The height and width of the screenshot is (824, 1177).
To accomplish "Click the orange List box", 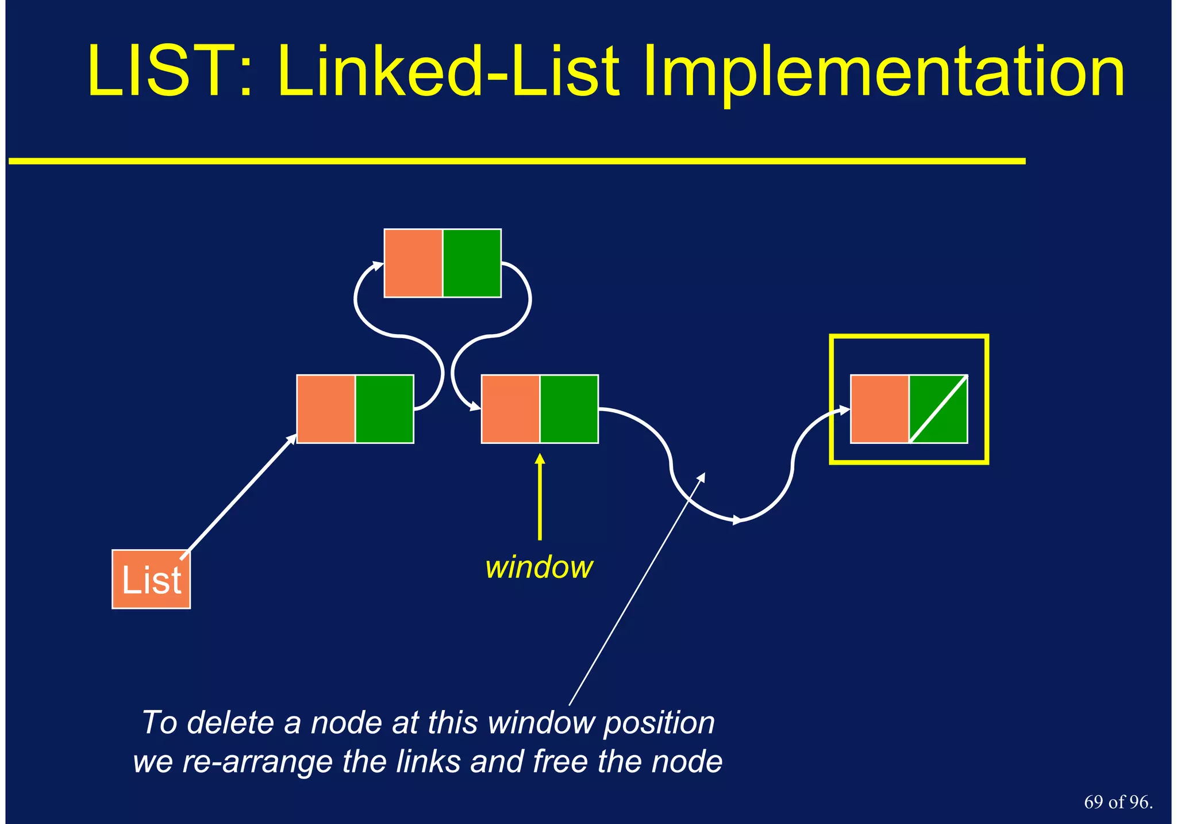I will tap(151, 579).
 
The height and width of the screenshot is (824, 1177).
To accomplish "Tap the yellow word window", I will tap(539, 568).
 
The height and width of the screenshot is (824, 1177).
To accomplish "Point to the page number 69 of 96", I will tap(1118, 802).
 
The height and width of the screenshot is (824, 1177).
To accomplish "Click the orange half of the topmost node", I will tap(413, 263).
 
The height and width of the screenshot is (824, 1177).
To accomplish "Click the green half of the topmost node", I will tap(472, 263).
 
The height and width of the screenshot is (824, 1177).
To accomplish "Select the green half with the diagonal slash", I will tap(938, 409).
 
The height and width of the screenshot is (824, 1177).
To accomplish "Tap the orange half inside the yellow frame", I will tap(880, 409).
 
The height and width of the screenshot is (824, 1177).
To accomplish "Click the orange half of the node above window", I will tap(510, 409).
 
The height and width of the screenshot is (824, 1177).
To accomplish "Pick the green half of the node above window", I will tap(569, 409).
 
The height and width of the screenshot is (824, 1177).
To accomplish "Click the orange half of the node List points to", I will tap(326, 409).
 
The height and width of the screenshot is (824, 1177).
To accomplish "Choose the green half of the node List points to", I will tap(384, 409).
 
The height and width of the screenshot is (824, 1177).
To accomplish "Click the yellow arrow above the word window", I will tap(540, 497).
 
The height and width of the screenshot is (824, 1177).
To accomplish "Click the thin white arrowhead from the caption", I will tap(702, 477).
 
